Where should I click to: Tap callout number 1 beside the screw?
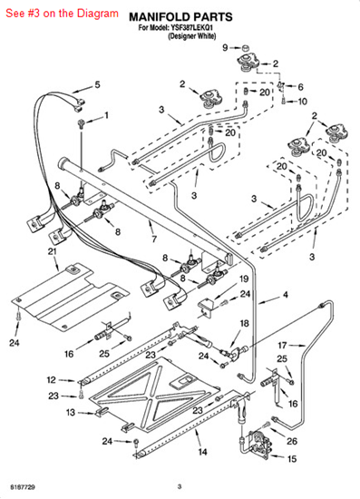pos(106,116)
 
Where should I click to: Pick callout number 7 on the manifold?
pos(153,240)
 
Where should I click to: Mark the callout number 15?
pos(292,459)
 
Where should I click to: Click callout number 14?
pos(202,451)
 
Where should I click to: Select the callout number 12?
pos(52,380)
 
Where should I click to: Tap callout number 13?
pos(70,412)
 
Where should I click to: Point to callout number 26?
pos(292,442)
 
